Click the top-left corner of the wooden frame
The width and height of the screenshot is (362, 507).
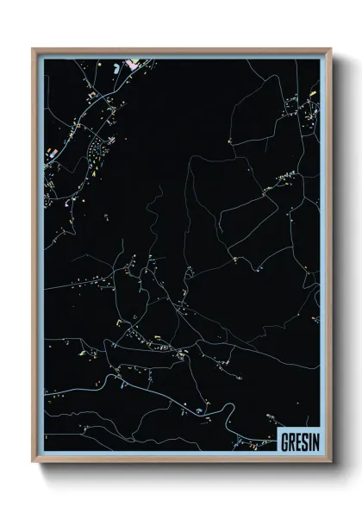click(x=34, y=49)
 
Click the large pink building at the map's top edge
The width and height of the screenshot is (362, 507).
click(x=134, y=63)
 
